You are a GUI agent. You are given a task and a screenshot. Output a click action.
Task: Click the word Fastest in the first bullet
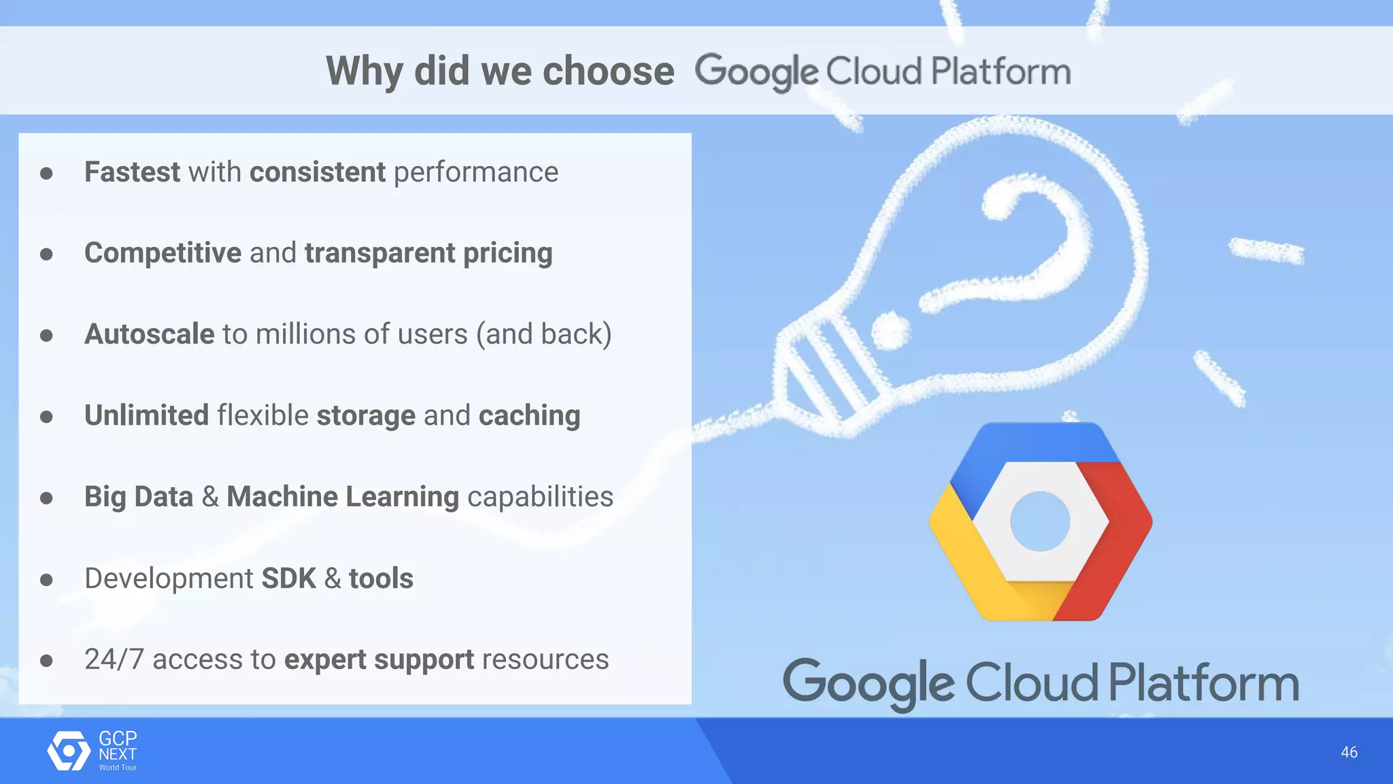coord(132,172)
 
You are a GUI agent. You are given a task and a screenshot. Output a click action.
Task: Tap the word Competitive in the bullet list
coord(163,253)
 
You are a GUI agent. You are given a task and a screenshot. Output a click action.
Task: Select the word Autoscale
coord(150,334)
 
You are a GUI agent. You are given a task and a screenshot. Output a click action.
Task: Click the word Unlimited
coord(146,415)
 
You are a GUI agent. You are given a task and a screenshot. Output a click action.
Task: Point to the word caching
coord(529,415)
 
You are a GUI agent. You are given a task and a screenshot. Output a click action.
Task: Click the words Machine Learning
coord(343,497)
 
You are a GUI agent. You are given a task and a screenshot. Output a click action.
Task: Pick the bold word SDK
coord(288,578)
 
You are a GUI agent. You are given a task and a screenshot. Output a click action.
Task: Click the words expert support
coord(379,659)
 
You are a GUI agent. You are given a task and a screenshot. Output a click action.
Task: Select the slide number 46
coord(1349,752)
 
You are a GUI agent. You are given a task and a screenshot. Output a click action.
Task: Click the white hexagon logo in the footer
coord(69,751)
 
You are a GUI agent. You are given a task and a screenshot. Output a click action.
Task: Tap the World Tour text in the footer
coord(118,768)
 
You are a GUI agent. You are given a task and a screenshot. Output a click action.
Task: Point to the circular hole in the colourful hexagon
coord(1040,521)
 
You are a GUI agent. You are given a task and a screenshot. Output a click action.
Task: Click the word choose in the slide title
coord(608,71)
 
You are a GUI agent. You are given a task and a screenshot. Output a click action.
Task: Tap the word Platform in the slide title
coord(1001,71)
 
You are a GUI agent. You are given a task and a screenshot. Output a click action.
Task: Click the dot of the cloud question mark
coord(891,331)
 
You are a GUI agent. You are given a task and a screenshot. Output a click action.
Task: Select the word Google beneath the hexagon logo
coord(869,683)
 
